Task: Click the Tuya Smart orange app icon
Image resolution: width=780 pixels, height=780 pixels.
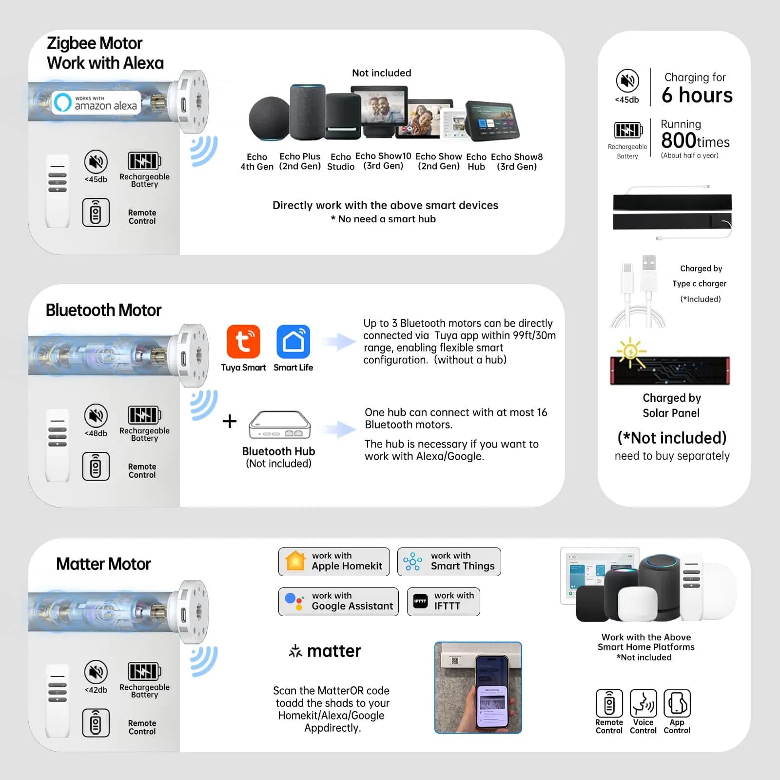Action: click(x=243, y=341)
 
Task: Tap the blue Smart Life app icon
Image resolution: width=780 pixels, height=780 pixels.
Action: click(x=293, y=341)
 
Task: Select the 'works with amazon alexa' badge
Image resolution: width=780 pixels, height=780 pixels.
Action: click(x=97, y=103)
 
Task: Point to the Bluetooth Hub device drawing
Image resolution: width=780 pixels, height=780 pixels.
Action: click(x=279, y=425)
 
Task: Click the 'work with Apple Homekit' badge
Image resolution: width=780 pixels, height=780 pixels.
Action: click(x=334, y=562)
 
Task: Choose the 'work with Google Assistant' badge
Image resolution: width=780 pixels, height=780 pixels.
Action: click(x=338, y=602)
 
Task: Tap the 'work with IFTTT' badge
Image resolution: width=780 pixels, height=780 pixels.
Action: click(x=443, y=602)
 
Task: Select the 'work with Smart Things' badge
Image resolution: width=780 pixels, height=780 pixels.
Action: click(x=449, y=562)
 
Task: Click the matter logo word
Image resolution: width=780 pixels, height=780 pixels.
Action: click(x=334, y=651)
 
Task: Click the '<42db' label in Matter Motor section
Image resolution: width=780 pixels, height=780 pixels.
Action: click(x=96, y=690)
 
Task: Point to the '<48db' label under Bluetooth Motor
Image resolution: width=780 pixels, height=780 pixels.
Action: click(x=96, y=433)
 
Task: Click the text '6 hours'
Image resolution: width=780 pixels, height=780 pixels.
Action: click(x=697, y=95)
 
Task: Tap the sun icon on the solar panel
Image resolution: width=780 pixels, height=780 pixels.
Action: click(x=630, y=351)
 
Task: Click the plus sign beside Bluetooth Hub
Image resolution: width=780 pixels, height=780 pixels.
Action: click(x=230, y=421)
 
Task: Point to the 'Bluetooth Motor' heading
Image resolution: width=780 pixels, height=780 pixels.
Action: click(x=103, y=310)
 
